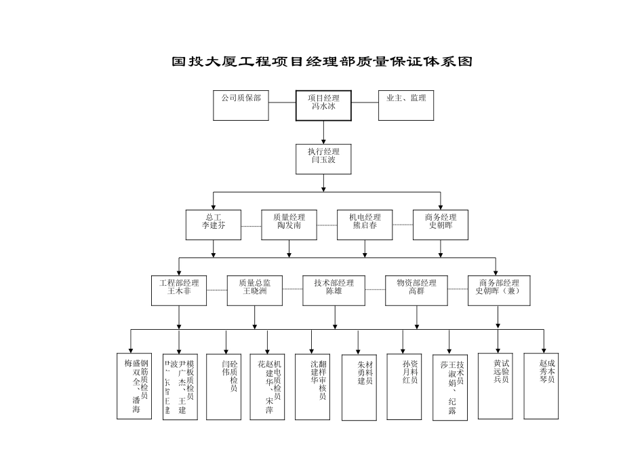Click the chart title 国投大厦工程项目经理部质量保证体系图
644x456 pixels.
coord(321,62)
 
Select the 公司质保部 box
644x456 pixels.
coord(241,105)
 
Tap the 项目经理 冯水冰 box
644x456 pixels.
coord(323,105)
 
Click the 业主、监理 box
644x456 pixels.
coord(405,105)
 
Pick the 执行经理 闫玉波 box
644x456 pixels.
coord(323,159)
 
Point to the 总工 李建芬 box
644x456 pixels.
coord(213,225)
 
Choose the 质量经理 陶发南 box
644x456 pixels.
coord(289,225)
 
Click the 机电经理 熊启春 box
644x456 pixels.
coord(365,225)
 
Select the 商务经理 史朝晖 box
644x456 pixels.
coord(441,225)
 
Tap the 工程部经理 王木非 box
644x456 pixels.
coord(179,290)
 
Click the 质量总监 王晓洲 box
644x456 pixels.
coord(255,290)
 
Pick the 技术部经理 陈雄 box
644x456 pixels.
coord(334,290)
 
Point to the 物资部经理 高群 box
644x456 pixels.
coord(416,290)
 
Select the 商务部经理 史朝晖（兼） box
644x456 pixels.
coord(499,290)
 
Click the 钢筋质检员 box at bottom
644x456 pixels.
coord(136,385)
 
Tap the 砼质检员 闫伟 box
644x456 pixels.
coord(227,385)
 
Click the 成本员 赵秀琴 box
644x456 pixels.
coord(546,385)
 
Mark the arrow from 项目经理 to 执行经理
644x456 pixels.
coord(323,132)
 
